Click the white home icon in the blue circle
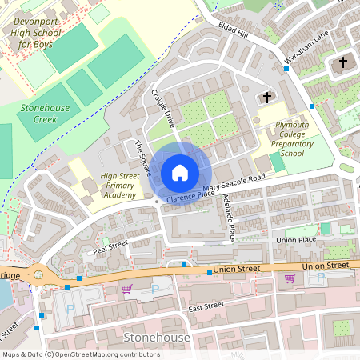pyautogui.click(x=180, y=173)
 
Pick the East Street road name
pyautogui.click(x=206, y=306)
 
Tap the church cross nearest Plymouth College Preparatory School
pyautogui.click(x=266, y=97)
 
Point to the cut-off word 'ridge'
pyautogui.click(x=10, y=274)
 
